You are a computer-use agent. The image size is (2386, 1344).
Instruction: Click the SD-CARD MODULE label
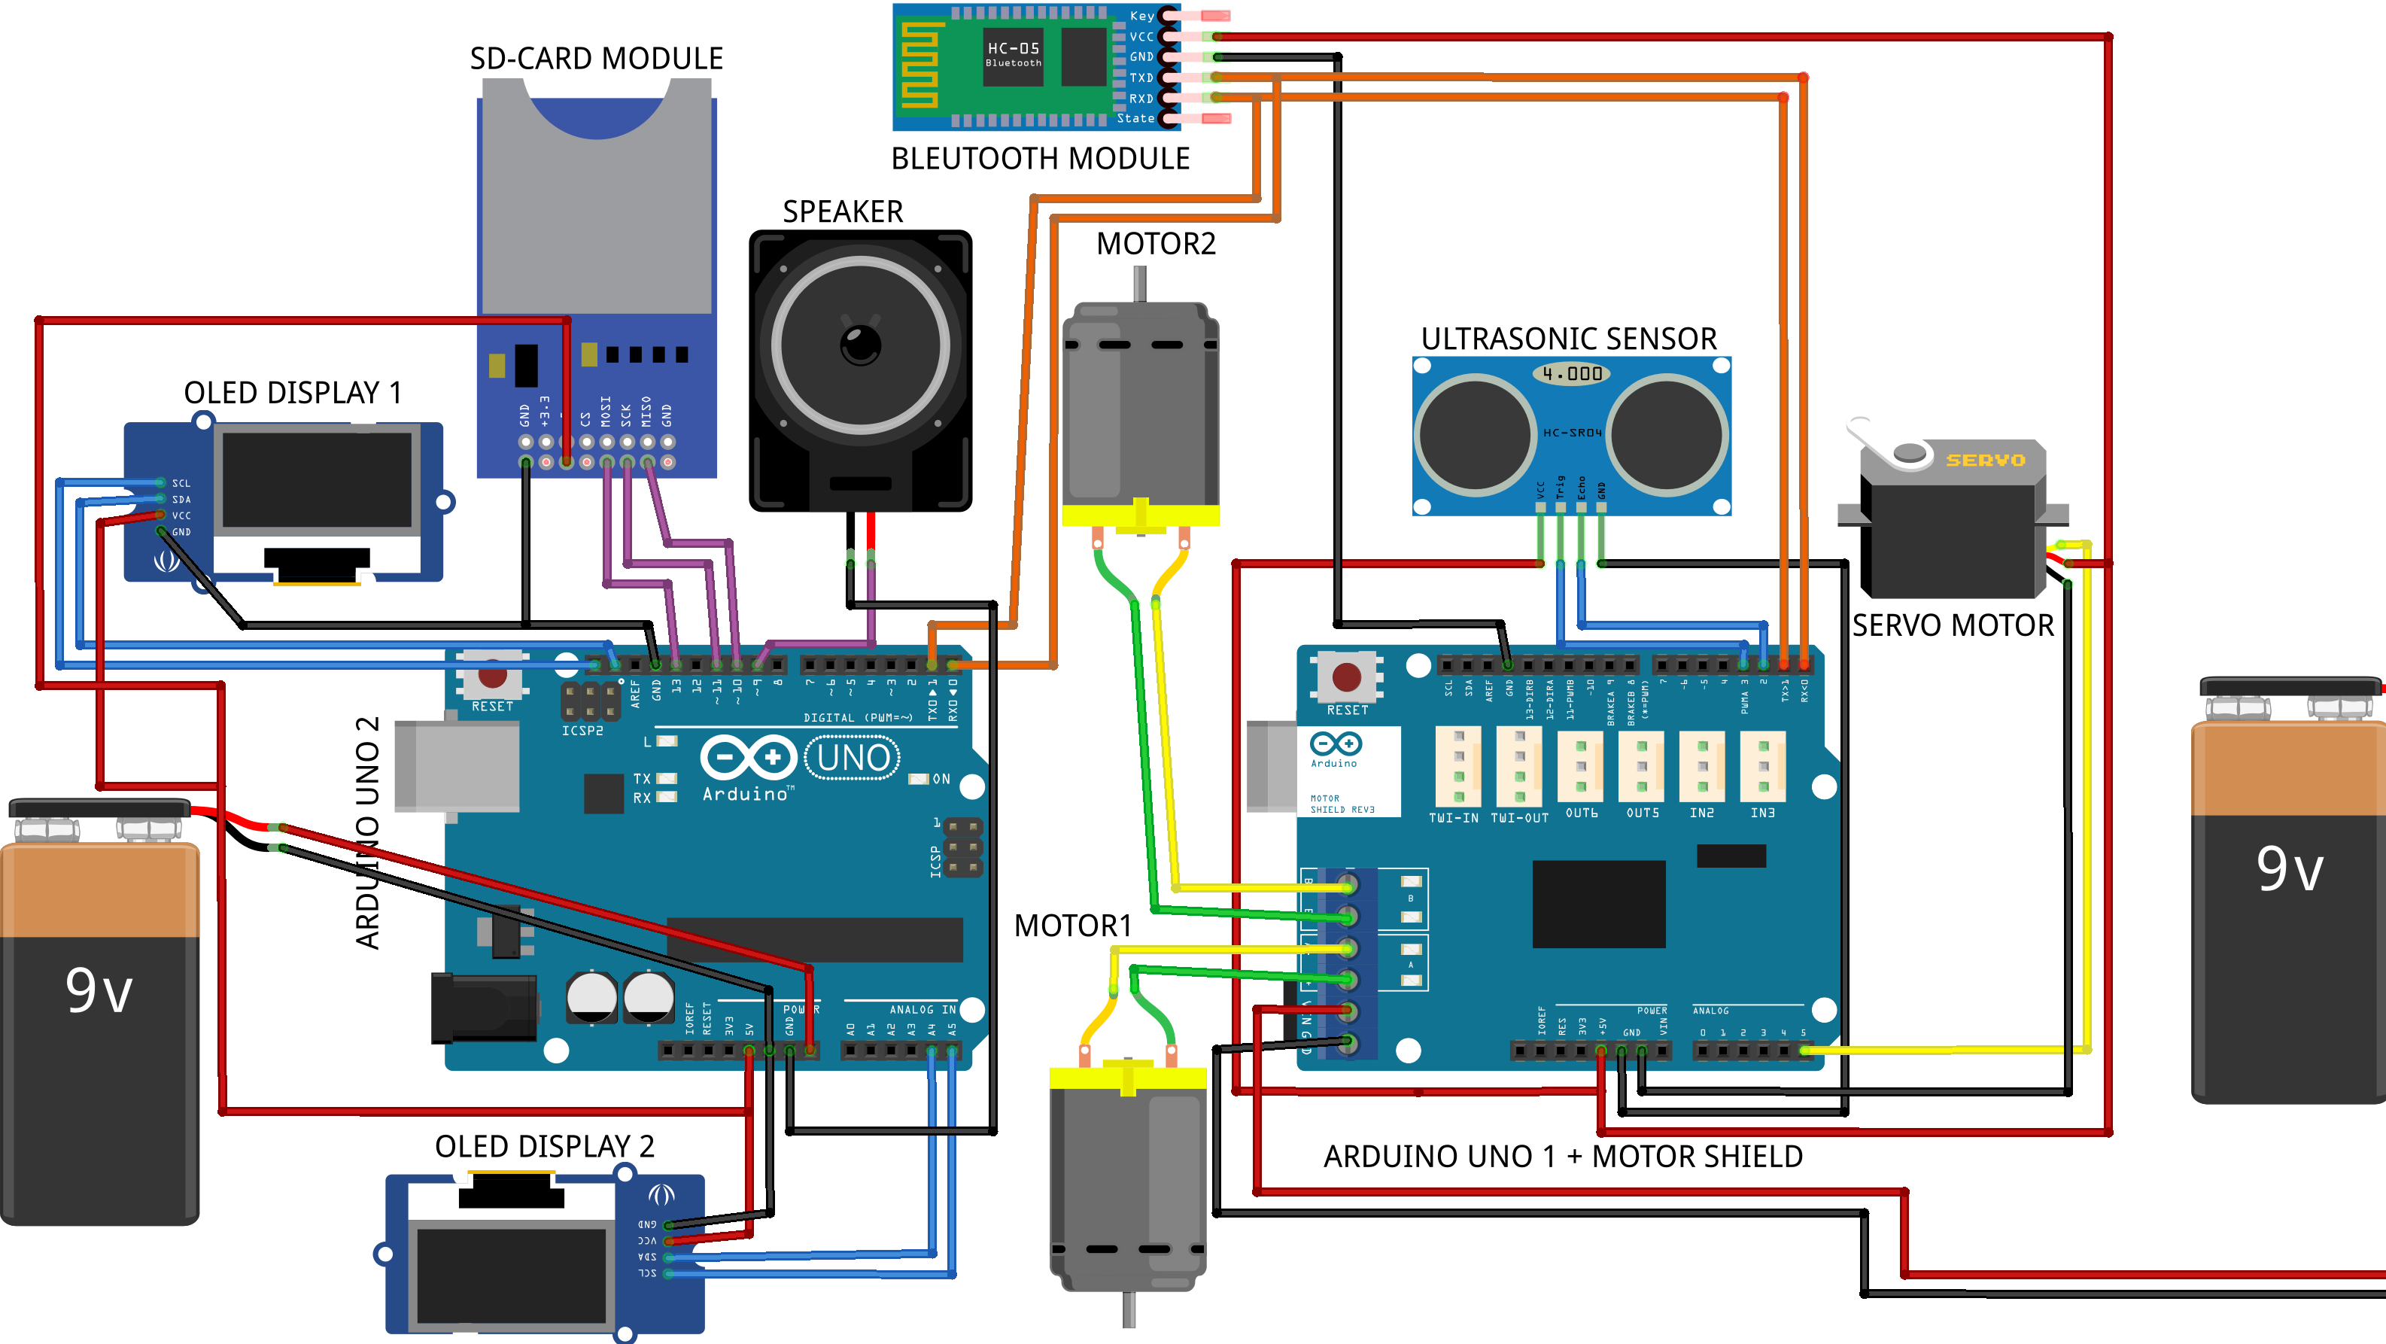click(x=596, y=59)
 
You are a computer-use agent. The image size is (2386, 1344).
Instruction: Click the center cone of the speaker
click(x=861, y=345)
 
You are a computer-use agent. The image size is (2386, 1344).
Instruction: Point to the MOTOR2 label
click(x=1155, y=244)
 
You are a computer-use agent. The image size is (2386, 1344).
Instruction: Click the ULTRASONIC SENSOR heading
click(x=1568, y=339)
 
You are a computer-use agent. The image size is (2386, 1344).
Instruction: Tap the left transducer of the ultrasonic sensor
click(x=1475, y=433)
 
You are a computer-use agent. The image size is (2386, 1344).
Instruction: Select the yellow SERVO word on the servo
click(x=1985, y=461)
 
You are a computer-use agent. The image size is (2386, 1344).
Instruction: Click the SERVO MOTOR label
click(x=1953, y=626)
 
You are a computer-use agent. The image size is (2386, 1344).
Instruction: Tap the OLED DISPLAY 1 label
click(x=293, y=393)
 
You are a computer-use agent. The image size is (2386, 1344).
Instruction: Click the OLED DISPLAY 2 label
click(x=545, y=1147)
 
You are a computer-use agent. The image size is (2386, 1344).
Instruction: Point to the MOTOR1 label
click(x=1072, y=926)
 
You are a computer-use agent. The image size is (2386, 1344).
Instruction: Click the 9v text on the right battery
click(x=2290, y=869)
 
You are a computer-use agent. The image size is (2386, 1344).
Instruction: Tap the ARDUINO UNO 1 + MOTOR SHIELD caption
click(x=1563, y=1157)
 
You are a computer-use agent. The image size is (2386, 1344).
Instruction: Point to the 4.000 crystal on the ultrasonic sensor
click(x=1572, y=374)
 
